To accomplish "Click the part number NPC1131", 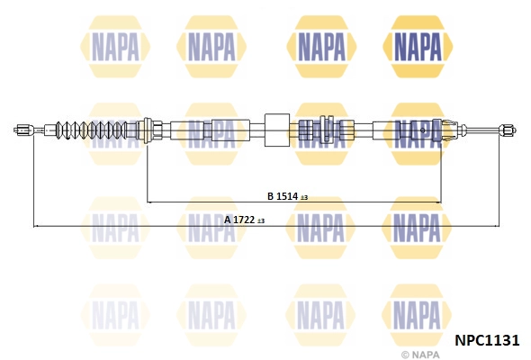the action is (x=487, y=340).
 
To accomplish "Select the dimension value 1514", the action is (x=287, y=196).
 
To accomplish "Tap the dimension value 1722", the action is (x=244, y=220).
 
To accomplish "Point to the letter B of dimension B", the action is (x=270, y=196).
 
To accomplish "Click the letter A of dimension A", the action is (x=228, y=220).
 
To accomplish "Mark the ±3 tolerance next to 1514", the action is (x=304, y=197).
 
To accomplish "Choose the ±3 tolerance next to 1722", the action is (x=261, y=221).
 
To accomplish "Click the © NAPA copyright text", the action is (x=420, y=355).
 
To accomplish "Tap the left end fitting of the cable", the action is (x=23, y=130).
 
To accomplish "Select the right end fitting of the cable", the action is (x=508, y=130).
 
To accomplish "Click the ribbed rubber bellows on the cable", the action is (x=92, y=130).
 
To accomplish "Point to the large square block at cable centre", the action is (x=277, y=130).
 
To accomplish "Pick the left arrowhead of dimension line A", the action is (x=35, y=226).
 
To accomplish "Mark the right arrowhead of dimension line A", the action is (x=498, y=226).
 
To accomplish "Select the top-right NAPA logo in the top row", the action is (x=418, y=47).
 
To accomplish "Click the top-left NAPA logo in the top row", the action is (x=115, y=47).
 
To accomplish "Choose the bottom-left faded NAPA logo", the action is (x=115, y=315).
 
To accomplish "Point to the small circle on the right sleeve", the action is (x=423, y=130).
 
